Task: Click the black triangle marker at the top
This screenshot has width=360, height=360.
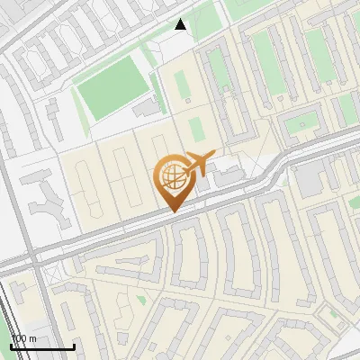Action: coord(181,25)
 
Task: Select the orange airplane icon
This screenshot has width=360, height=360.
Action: coord(198,163)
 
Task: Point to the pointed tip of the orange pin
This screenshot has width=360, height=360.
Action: coord(173,212)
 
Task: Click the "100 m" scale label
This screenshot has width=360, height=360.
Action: coord(23,337)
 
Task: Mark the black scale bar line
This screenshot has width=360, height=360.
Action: coord(42,346)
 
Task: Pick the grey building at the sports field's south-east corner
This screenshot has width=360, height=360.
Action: coord(144,108)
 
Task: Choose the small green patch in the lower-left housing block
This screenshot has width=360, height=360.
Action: coord(141,299)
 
